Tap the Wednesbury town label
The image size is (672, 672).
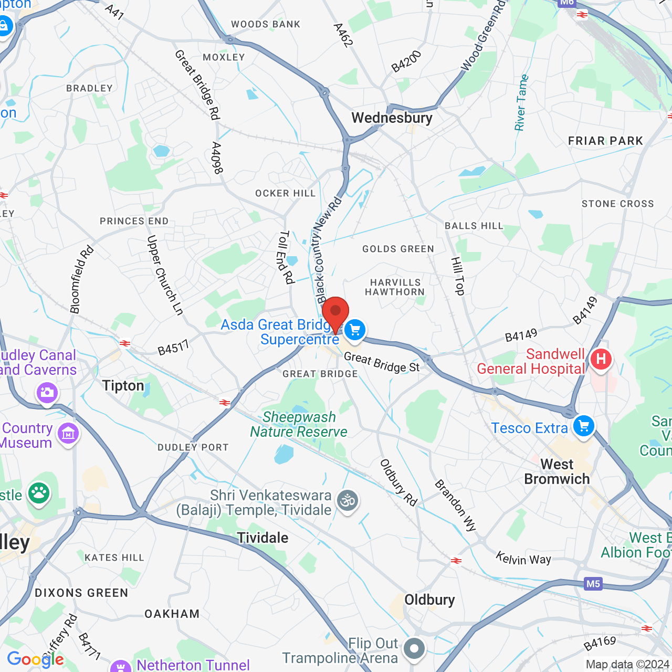[392, 118]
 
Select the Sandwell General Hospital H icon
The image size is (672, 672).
[601, 360]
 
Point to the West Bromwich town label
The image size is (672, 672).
[557, 471]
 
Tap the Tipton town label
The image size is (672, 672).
[123, 386]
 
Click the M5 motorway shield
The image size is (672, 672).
[593, 584]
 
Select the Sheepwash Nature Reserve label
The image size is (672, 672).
[299, 425]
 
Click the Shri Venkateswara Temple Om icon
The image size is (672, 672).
[348, 501]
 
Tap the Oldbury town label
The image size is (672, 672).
[429, 600]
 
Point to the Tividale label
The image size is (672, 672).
[262, 538]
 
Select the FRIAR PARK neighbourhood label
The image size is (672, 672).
[605, 141]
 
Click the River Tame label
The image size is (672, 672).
[521, 103]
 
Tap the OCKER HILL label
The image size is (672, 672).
[285, 193]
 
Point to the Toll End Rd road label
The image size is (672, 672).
[286, 257]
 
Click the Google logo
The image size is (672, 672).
[35, 659]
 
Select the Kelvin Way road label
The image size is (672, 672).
[523, 559]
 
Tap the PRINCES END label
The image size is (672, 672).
[134, 221]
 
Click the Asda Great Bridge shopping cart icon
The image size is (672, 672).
[355, 330]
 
